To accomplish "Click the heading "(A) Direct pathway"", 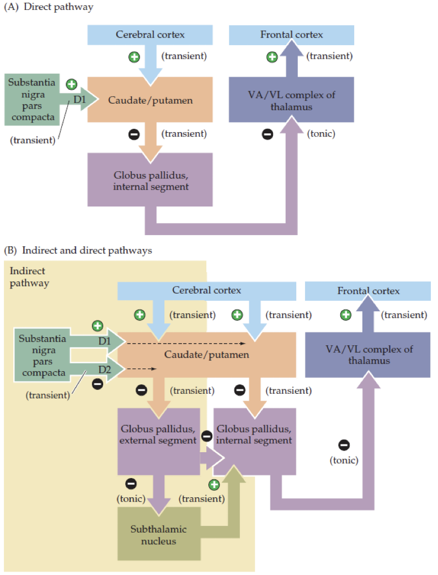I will [49, 7].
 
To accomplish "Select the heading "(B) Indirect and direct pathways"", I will [78, 250].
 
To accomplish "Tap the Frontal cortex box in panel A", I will [291, 35].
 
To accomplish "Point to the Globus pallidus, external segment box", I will [158, 435].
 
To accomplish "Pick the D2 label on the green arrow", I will [105, 368].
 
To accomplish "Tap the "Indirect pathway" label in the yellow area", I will [29, 277].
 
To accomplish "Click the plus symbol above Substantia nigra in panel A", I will [71, 84].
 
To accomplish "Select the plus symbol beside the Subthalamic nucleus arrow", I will [214, 484].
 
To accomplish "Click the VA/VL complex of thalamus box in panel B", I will [367, 355].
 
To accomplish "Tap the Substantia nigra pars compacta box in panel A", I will [32, 100].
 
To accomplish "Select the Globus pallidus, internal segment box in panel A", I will [150, 180].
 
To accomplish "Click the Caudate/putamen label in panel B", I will [207, 354].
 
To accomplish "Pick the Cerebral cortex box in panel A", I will [150, 35].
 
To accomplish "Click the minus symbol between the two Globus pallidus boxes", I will [207, 436].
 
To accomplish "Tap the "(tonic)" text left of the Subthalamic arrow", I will [131, 499].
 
